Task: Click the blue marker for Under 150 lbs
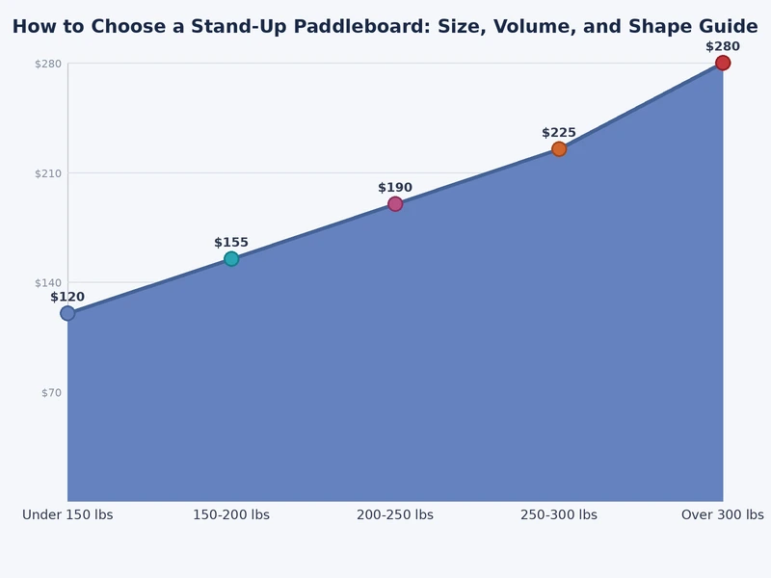(67, 313)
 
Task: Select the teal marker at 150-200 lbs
(231, 259)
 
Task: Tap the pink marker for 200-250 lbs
(395, 204)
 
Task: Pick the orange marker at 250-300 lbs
(559, 149)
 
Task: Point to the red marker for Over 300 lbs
(723, 64)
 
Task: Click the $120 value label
(67, 297)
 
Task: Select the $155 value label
(231, 243)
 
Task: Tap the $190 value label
(395, 188)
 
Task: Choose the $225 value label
(559, 133)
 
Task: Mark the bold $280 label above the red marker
(723, 46)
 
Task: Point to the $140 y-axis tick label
(48, 283)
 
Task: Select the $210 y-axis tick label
(48, 174)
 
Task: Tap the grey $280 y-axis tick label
(48, 65)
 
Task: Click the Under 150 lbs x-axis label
(67, 515)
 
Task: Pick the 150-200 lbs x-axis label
(231, 515)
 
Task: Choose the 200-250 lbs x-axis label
(395, 515)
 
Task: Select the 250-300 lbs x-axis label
(559, 515)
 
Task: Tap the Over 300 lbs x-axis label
(723, 515)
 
